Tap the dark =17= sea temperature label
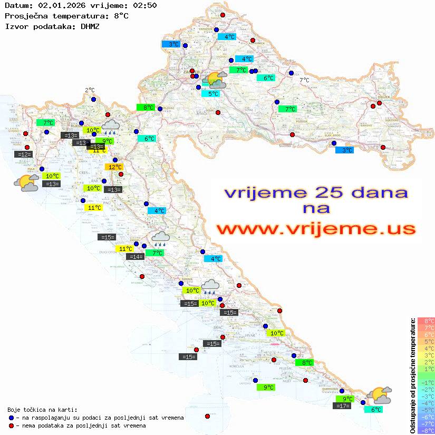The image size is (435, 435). pos(343,406)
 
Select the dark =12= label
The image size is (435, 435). pos(24,154)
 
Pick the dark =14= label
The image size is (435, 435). pos(136,257)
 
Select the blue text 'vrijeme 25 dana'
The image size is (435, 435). pos(316,192)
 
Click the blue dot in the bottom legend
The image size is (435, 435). pos(12,418)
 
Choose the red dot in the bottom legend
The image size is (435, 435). pos(12,426)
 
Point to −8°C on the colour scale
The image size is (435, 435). pos(426,430)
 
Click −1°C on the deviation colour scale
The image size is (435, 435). pos(426,382)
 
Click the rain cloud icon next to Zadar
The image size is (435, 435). pos(161,238)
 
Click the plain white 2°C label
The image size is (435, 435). pos(90,90)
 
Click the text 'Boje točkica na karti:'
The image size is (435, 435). pos(42,410)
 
